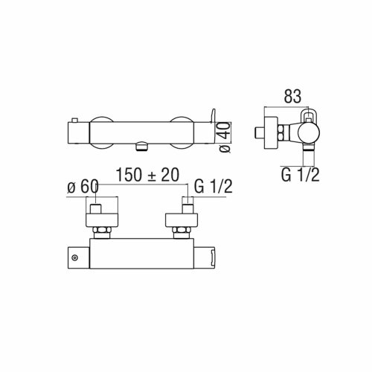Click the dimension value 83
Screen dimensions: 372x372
point(295,96)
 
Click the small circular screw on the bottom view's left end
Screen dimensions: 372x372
point(74,257)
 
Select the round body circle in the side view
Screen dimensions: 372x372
point(303,134)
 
